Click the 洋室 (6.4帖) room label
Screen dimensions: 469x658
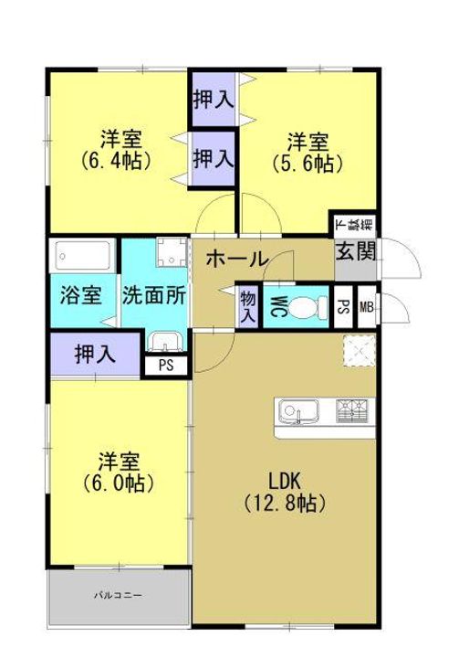click(x=117, y=149)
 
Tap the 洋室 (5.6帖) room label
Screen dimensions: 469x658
click(x=308, y=153)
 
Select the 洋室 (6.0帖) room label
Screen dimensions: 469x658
click(x=119, y=472)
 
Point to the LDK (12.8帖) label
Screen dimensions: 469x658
click(x=285, y=492)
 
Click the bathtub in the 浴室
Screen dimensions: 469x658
click(x=82, y=256)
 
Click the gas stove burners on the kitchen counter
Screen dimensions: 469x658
click(x=352, y=411)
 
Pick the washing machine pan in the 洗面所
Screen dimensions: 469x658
click(x=172, y=252)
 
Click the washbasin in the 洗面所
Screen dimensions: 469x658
click(x=166, y=342)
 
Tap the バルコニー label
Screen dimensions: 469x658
click(x=119, y=595)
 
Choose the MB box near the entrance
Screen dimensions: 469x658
click(x=367, y=307)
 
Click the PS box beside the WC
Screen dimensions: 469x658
click(x=343, y=307)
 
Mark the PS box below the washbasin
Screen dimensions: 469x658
click(x=166, y=366)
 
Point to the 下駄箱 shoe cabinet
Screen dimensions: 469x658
click(x=355, y=226)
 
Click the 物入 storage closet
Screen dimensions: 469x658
click(x=248, y=306)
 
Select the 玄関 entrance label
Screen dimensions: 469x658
click(x=356, y=252)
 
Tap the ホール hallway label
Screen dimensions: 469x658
click(x=237, y=259)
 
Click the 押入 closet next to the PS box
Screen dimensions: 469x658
click(x=95, y=355)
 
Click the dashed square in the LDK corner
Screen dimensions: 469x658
click(x=360, y=351)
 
